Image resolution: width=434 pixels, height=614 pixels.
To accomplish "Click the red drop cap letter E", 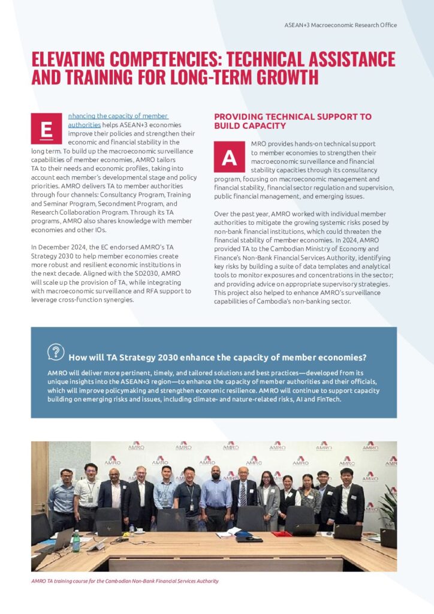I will pos(46,128).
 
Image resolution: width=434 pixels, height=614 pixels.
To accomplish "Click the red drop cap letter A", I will pos(229,157).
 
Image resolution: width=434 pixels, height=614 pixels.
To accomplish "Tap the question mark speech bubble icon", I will pos(55,352).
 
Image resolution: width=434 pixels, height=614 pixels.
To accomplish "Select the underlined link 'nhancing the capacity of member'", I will pos(118,116).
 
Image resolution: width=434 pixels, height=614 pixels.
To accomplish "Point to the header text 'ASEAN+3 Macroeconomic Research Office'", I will pos(340,25).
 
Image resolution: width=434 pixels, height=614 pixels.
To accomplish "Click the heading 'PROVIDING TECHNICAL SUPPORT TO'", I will pos(293,116).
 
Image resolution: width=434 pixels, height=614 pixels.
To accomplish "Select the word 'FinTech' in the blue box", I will pos(327,399).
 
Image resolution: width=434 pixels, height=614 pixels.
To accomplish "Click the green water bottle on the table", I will pos(76,541).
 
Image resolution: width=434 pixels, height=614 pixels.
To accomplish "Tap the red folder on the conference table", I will pos(281,533).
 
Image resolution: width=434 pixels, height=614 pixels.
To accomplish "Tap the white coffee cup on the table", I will pos(139,529).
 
